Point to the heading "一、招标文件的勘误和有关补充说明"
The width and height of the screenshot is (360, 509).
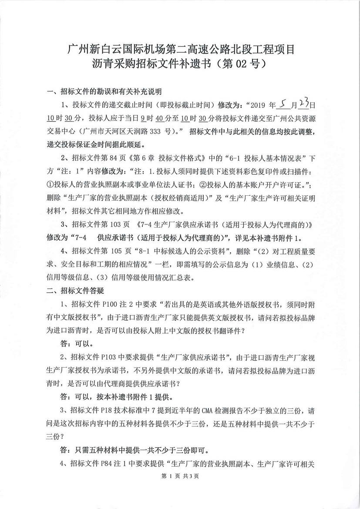(x=104, y=92)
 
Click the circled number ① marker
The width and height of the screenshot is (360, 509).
(x=50, y=185)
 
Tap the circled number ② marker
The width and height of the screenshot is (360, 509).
(x=205, y=185)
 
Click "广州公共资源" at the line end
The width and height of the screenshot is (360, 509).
(x=296, y=118)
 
